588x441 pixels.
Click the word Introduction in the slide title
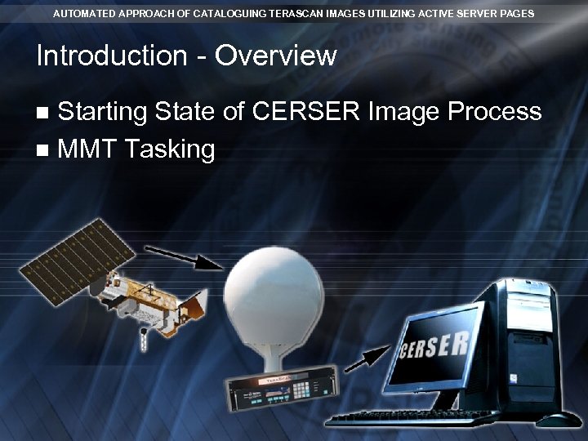(112, 56)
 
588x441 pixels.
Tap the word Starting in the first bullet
(103, 111)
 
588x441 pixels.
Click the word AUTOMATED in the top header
(84, 14)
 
